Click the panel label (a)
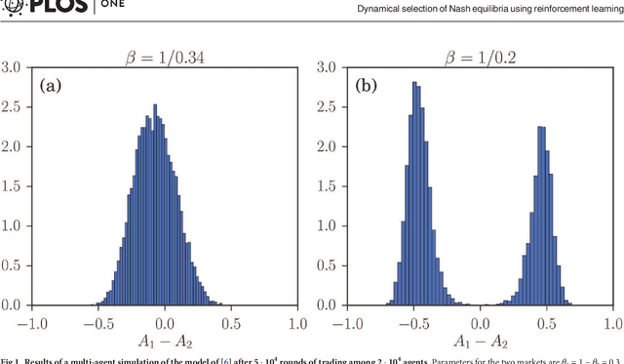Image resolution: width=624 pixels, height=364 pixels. (x=50, y=85)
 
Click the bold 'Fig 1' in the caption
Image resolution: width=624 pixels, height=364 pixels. (x=10, y=359)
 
